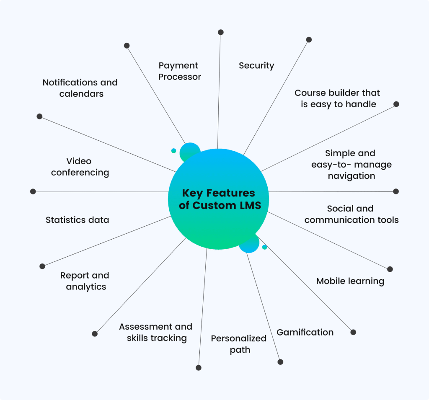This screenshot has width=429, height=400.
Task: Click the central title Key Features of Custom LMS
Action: (x=218, y=199)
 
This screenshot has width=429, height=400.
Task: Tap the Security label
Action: (x=256, y=66)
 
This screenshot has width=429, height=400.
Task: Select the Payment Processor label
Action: (x=179, y=71)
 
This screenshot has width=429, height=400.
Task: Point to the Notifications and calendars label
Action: (x=80, y=88)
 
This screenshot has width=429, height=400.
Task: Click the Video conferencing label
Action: (x=80, y=167)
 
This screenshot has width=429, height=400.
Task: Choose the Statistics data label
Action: (x=77, y=220)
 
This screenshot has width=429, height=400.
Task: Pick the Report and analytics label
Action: (x=85, y=281)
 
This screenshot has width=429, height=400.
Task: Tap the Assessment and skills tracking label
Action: (x=156, y=332)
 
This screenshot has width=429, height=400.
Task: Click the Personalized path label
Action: (x=239, y=344)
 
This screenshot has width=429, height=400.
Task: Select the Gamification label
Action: (x=305, y=333)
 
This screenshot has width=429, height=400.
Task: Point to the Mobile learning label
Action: (x=350, y=281)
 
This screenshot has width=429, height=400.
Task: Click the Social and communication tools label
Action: (x=351, y=214)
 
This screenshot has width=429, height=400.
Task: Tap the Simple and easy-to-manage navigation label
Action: (x=351, y=165)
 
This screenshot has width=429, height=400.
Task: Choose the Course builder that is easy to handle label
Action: (x=337, y=98)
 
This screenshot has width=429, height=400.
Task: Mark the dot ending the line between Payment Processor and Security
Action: (x=221, y=32)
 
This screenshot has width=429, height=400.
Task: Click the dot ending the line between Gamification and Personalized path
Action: (x=280, y=362)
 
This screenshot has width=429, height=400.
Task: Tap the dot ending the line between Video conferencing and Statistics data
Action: (x=33, y=191)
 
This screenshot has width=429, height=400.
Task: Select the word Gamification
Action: (x=305, y=333)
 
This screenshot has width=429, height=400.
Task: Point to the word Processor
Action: (x=179, y=77)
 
